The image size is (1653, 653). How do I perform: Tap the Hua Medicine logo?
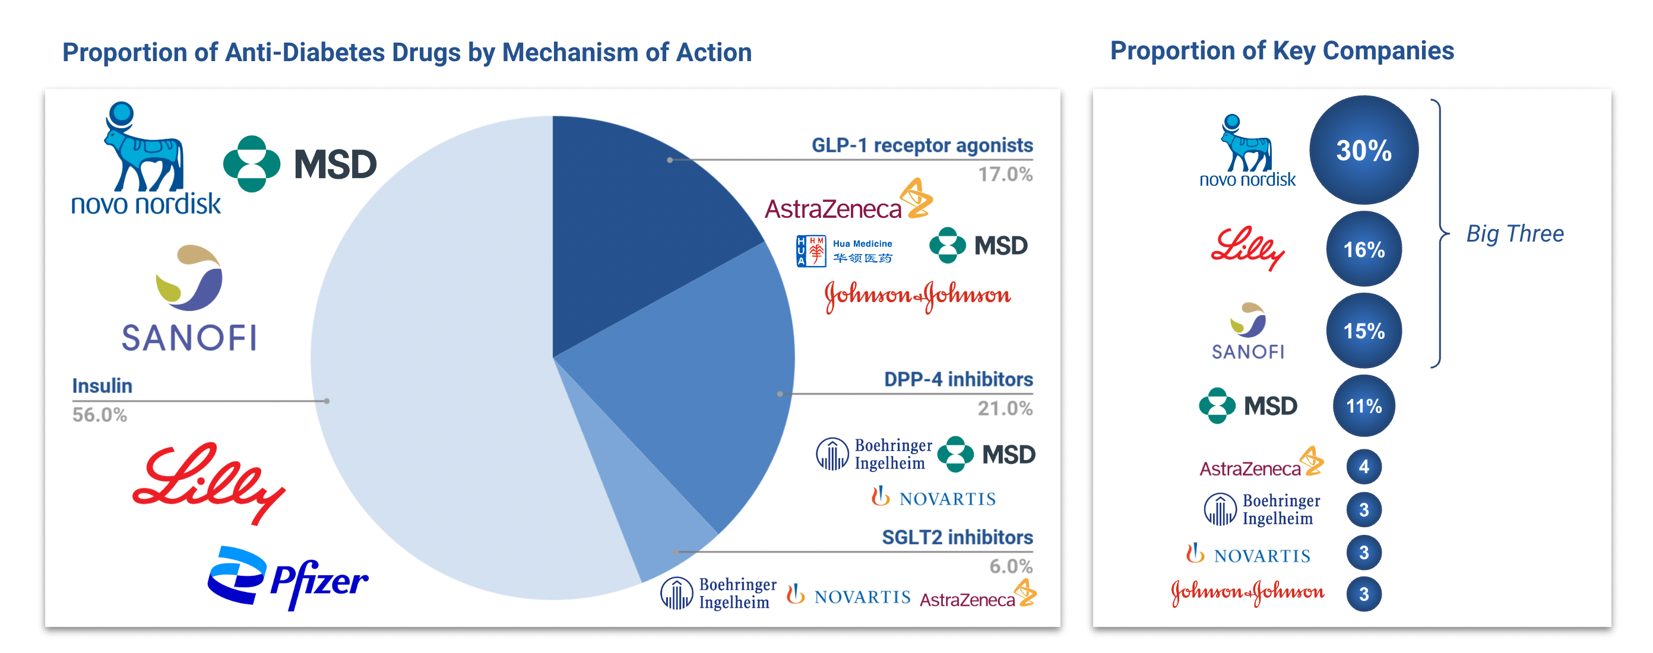coord(844,251)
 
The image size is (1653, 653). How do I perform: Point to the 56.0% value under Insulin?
coord(100,415)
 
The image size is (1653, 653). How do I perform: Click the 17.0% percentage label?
coord(1005,175)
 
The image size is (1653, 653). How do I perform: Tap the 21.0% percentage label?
coord(1005,408)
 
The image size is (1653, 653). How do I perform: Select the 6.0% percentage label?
coord(1011,566)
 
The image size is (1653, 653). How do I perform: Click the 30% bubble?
coord(1364,150)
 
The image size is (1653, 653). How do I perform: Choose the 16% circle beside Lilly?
coord(1364,249)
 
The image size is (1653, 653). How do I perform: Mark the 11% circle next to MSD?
coord(1364,405)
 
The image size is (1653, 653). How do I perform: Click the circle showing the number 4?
coord(1364,467)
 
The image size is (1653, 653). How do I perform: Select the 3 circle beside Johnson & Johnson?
coord(1364,594)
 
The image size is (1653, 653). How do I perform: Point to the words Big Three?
coord(1515,233)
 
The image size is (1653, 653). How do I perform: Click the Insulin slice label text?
coord(102,385)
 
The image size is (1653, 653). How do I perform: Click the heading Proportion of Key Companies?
coord(1282,50)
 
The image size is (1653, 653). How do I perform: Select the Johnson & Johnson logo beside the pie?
coord(917,296)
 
